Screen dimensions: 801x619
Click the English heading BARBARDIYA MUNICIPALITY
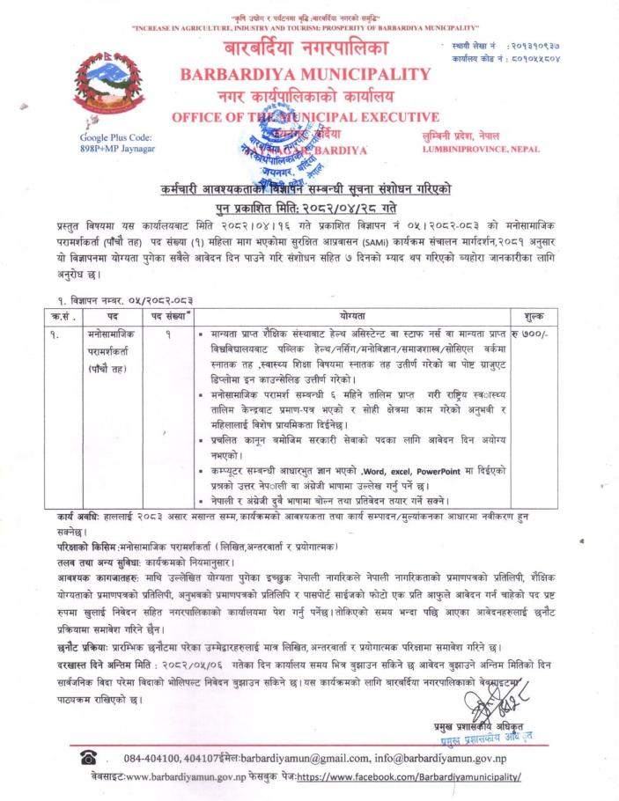coord(305,74)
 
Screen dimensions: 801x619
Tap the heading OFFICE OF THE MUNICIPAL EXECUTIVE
coord(305,116)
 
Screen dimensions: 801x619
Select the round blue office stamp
coord(274,146)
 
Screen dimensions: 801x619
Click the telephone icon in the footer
coord(89,757)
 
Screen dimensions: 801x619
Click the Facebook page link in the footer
coord(409,777)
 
